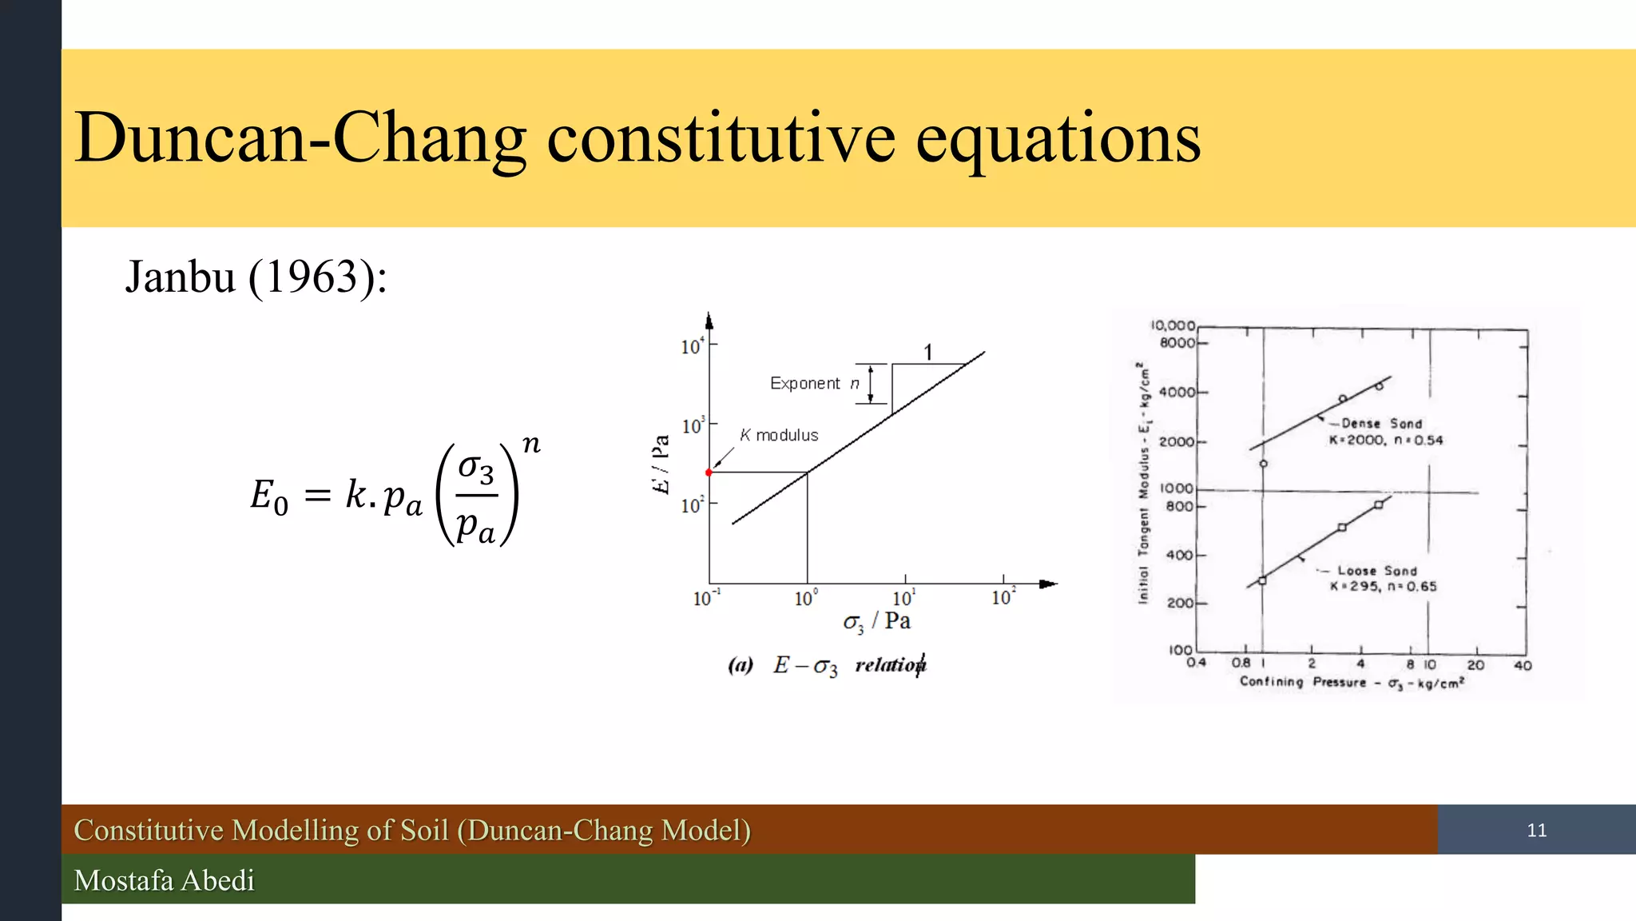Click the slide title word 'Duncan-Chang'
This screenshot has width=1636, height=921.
[300, 139]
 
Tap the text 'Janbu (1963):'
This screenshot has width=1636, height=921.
[256, 277]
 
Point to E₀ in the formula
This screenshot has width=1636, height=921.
[269, 496]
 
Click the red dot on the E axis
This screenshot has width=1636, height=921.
[709, 472]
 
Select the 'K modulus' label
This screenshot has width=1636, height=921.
[779, 436]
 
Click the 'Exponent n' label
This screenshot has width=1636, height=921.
[814, 384]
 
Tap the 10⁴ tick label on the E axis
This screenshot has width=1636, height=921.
[692, 346]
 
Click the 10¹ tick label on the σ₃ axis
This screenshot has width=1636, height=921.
[903, 598]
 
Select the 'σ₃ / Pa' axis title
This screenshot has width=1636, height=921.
[876, 622]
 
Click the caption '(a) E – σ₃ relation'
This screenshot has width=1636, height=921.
[827, 665]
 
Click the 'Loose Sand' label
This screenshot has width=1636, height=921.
[1377, 571]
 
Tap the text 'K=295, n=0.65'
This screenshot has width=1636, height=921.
[1383, 587]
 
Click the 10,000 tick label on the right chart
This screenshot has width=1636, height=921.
[1173, 325]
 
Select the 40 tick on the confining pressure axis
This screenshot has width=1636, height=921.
[1523, 665]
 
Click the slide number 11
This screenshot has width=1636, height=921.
[1536, 830]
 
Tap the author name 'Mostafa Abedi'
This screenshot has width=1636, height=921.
[164, 880]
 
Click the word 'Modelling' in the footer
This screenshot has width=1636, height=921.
[295, 830]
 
